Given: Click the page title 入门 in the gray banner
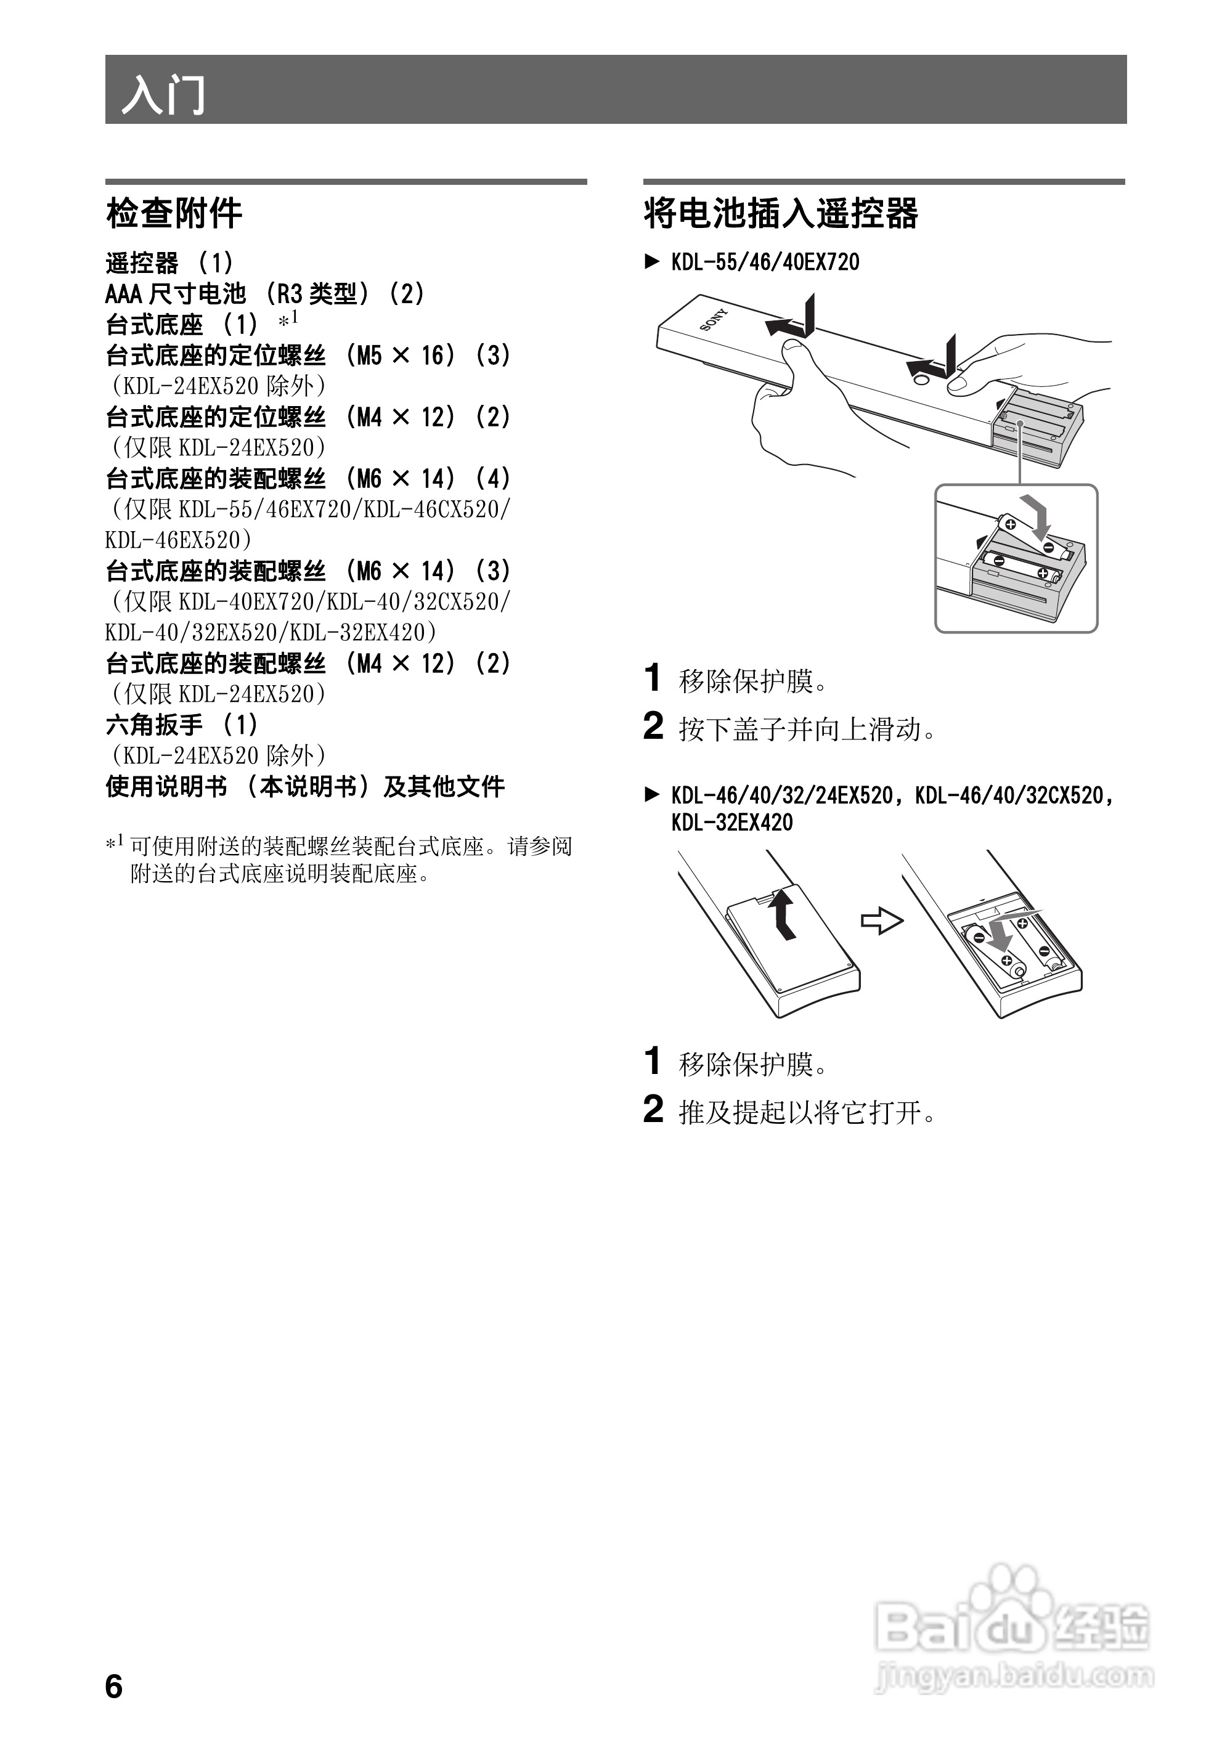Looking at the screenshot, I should pyautogui.click(x=163, y=94).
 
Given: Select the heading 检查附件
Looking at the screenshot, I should pyautogui.click(x=174, y=214).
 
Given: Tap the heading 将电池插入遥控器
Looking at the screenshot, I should pyautogui.click(x=781, y=214).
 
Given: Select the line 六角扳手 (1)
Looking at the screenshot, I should pyautogui.click(x=182, y=725).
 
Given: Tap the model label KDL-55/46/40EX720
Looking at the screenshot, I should pyautogui.click(x=765, y=263).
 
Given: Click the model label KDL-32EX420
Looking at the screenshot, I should pyautogui.click(x=731, y=823).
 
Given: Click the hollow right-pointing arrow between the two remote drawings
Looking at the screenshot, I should pyautogui.click(x=882, y=922).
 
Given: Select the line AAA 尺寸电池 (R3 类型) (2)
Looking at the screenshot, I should pyautogui.click(x=264, y=294).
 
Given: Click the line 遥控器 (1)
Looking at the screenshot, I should pyautogui.click(x=169, y=264).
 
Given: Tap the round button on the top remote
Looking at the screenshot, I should pyautogui.click(x=917, y=374).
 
